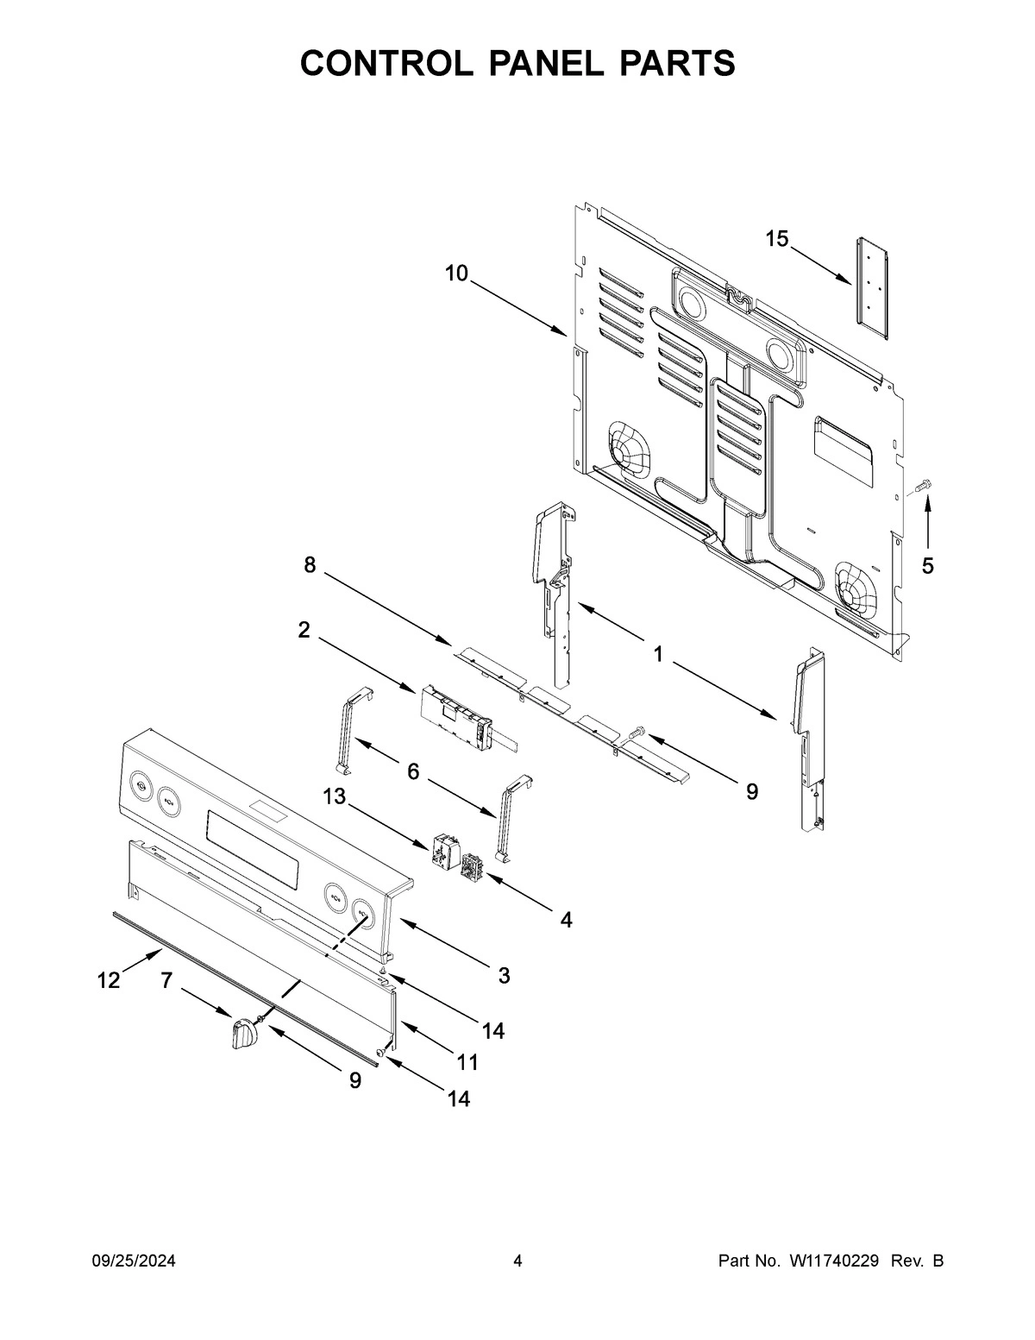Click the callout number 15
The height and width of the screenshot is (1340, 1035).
tap(777, 239)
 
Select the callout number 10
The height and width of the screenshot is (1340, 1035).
tap(456, 274)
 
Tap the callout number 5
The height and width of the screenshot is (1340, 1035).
tap(927, 566)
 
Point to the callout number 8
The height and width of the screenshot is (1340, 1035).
tap(309, 565)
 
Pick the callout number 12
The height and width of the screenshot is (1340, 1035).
tap(109, 980)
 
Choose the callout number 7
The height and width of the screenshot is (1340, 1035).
tap(166, 979)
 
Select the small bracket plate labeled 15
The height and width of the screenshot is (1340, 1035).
tap(868, 281)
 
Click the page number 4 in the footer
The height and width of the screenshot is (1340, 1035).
tap(517, 1261)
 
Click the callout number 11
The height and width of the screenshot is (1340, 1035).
tap(467, 1060)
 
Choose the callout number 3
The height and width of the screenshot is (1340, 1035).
tap(504, 976)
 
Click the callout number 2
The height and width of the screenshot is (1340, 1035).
tap(304, 630)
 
